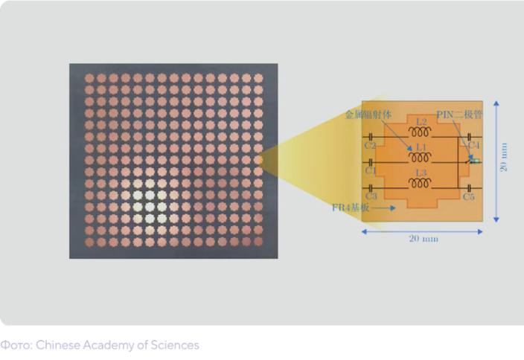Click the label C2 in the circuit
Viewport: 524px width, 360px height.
coord(370,146)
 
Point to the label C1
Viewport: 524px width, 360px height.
coord(370,170)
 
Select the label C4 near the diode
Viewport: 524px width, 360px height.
coord(474,146)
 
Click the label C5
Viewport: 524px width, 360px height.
coord(468,196)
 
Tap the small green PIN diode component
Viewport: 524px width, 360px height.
coord(475,161)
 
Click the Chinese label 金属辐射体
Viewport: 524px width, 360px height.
coord(368,115)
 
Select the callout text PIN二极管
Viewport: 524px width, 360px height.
coord(458,115)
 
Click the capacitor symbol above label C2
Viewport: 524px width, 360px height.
coord(370,137)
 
